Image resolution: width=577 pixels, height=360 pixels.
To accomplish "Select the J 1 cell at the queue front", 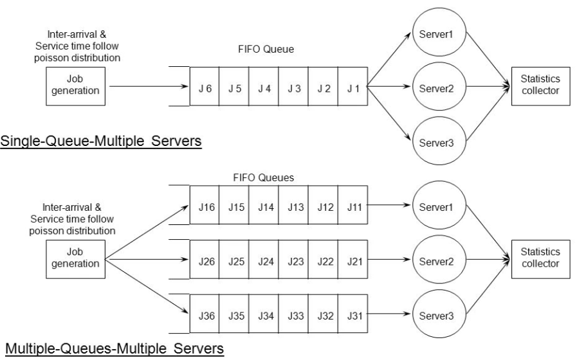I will coord(353,87).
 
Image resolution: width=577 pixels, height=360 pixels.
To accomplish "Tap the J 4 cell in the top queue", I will coord(264,87).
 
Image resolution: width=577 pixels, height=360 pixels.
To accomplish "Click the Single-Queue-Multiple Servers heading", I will coord(101,141).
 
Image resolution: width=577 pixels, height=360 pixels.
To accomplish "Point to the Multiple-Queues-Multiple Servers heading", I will coord(113,350).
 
